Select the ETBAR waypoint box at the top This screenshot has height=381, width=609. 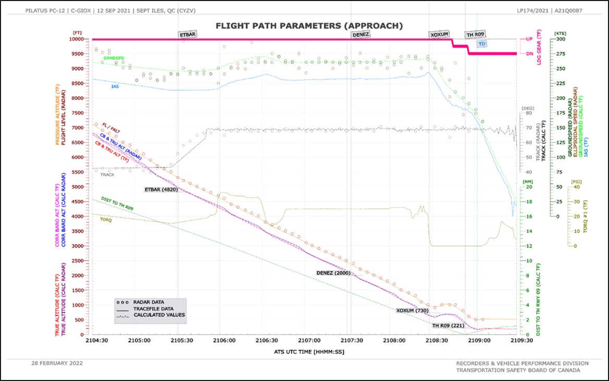(x=188, y=35)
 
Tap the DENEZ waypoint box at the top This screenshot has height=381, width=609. (x=361, y=35)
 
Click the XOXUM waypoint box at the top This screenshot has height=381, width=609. (x=439, y=35)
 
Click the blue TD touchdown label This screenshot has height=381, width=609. (x=482, y=44)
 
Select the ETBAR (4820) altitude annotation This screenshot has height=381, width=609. (x=161, y=189)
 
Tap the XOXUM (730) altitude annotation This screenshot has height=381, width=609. (x=412, y=311)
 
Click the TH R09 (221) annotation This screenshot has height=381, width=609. (x=448, y=326)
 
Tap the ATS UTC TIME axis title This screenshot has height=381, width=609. (x=309, y=351)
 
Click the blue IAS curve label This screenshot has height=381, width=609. (x=116, y=86)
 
